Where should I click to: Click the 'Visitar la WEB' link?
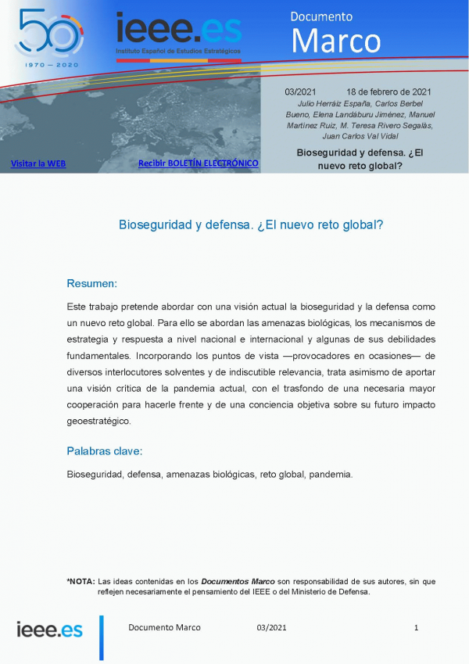point(38,163)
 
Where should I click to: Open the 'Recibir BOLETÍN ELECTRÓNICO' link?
point(198,163)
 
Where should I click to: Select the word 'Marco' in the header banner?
point(335,40)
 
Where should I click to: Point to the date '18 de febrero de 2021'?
point(388,92)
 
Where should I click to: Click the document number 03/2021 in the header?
point(300,92)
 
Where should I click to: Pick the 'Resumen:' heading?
point(91,283)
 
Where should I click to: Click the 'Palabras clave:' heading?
point(104,451)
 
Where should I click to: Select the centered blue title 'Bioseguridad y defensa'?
point(251,224)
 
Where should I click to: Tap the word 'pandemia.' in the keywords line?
point(331,474)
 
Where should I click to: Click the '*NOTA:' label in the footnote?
point(81,581)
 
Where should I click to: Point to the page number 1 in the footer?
point(417,627)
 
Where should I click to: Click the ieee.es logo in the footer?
point(49,629)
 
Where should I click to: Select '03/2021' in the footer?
point(271,627)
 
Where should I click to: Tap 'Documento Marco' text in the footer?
point(164,627)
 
